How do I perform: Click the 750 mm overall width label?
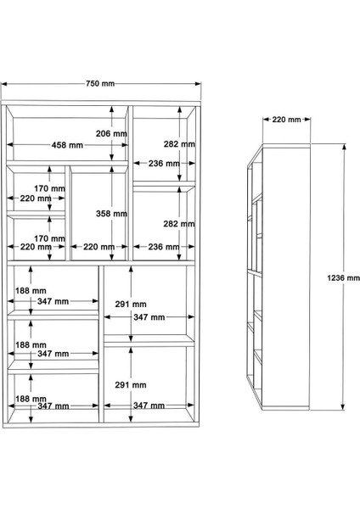[x=100, y=84]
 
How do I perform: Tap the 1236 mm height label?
[x=342, y=277]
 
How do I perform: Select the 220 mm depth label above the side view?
[x=286, y=120]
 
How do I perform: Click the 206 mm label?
[x=111, y=134]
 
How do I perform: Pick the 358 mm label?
[x=111, y=214]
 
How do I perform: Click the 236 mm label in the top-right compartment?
[x=163, y=163]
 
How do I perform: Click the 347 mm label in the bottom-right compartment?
[x=148, y=406]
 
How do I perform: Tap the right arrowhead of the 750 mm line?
[x=199, y=84]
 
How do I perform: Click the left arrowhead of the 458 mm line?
[x=12, y=146]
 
